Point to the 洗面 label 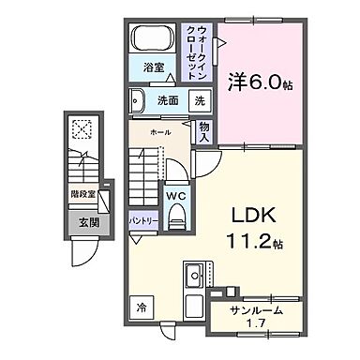point(168,100)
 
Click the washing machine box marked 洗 point(201,100)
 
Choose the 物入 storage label point(204,129)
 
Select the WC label point(175,195)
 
